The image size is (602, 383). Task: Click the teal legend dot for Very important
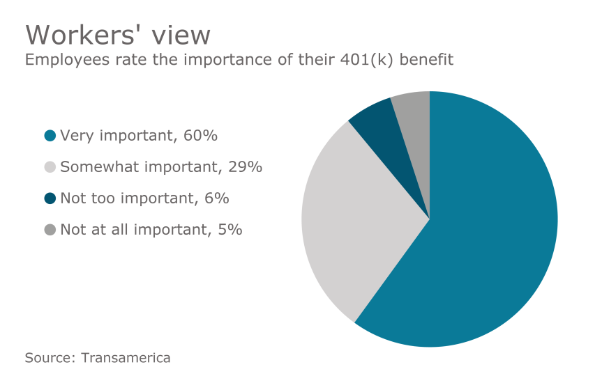click(x=50, y=136)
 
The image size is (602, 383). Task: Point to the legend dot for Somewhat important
click(x=50, y=167)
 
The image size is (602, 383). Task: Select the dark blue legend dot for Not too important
click(x=50, y=198)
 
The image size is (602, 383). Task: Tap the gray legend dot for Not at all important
click(x=50, y=230)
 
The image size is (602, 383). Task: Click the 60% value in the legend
click(x=200, y=136)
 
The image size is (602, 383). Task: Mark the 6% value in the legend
click(x=216, y=198)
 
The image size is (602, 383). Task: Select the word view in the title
click(x=179, y=35)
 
